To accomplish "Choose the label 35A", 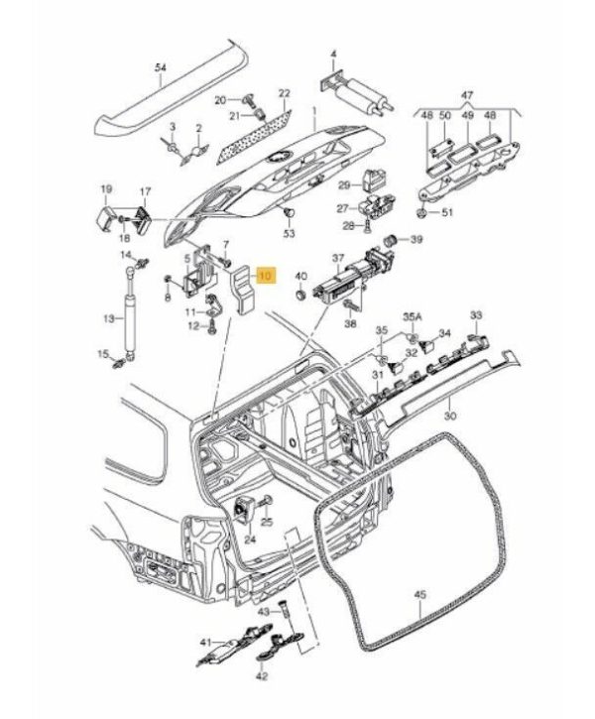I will point(411,317).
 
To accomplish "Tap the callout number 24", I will point(249,539).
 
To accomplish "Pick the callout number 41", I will point(204,642).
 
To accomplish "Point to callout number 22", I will point(285,93).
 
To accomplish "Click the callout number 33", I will point(476,314).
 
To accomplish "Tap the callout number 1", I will point(312,110).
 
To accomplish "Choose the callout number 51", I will point(446,212).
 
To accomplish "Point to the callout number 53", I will point(290,234).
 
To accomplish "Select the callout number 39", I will point(416,240).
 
